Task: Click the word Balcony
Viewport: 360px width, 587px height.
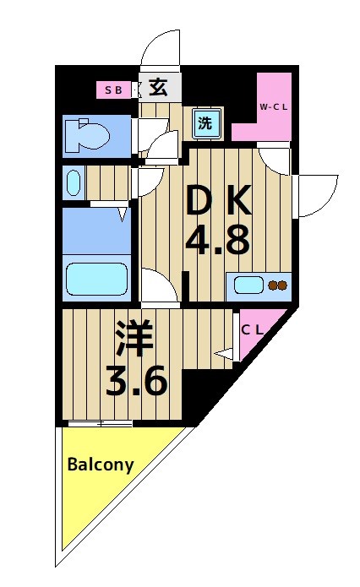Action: [101, 465]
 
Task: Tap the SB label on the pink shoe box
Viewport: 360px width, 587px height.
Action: [113, 88]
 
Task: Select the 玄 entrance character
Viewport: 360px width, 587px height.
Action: [157, 86]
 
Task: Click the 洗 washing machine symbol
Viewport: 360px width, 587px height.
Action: [206, 122]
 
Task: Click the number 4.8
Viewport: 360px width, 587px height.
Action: [217, 242]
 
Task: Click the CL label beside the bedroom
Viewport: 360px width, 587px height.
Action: [252, 330]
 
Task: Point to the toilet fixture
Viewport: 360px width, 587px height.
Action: [85, 134]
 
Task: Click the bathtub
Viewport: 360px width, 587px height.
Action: [95, 277]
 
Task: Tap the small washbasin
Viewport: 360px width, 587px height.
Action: [73, 182]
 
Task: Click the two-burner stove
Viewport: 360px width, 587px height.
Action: [277, 285]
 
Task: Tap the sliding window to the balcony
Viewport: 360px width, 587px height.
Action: [100, 423]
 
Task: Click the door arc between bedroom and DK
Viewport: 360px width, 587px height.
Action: [161, 287]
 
